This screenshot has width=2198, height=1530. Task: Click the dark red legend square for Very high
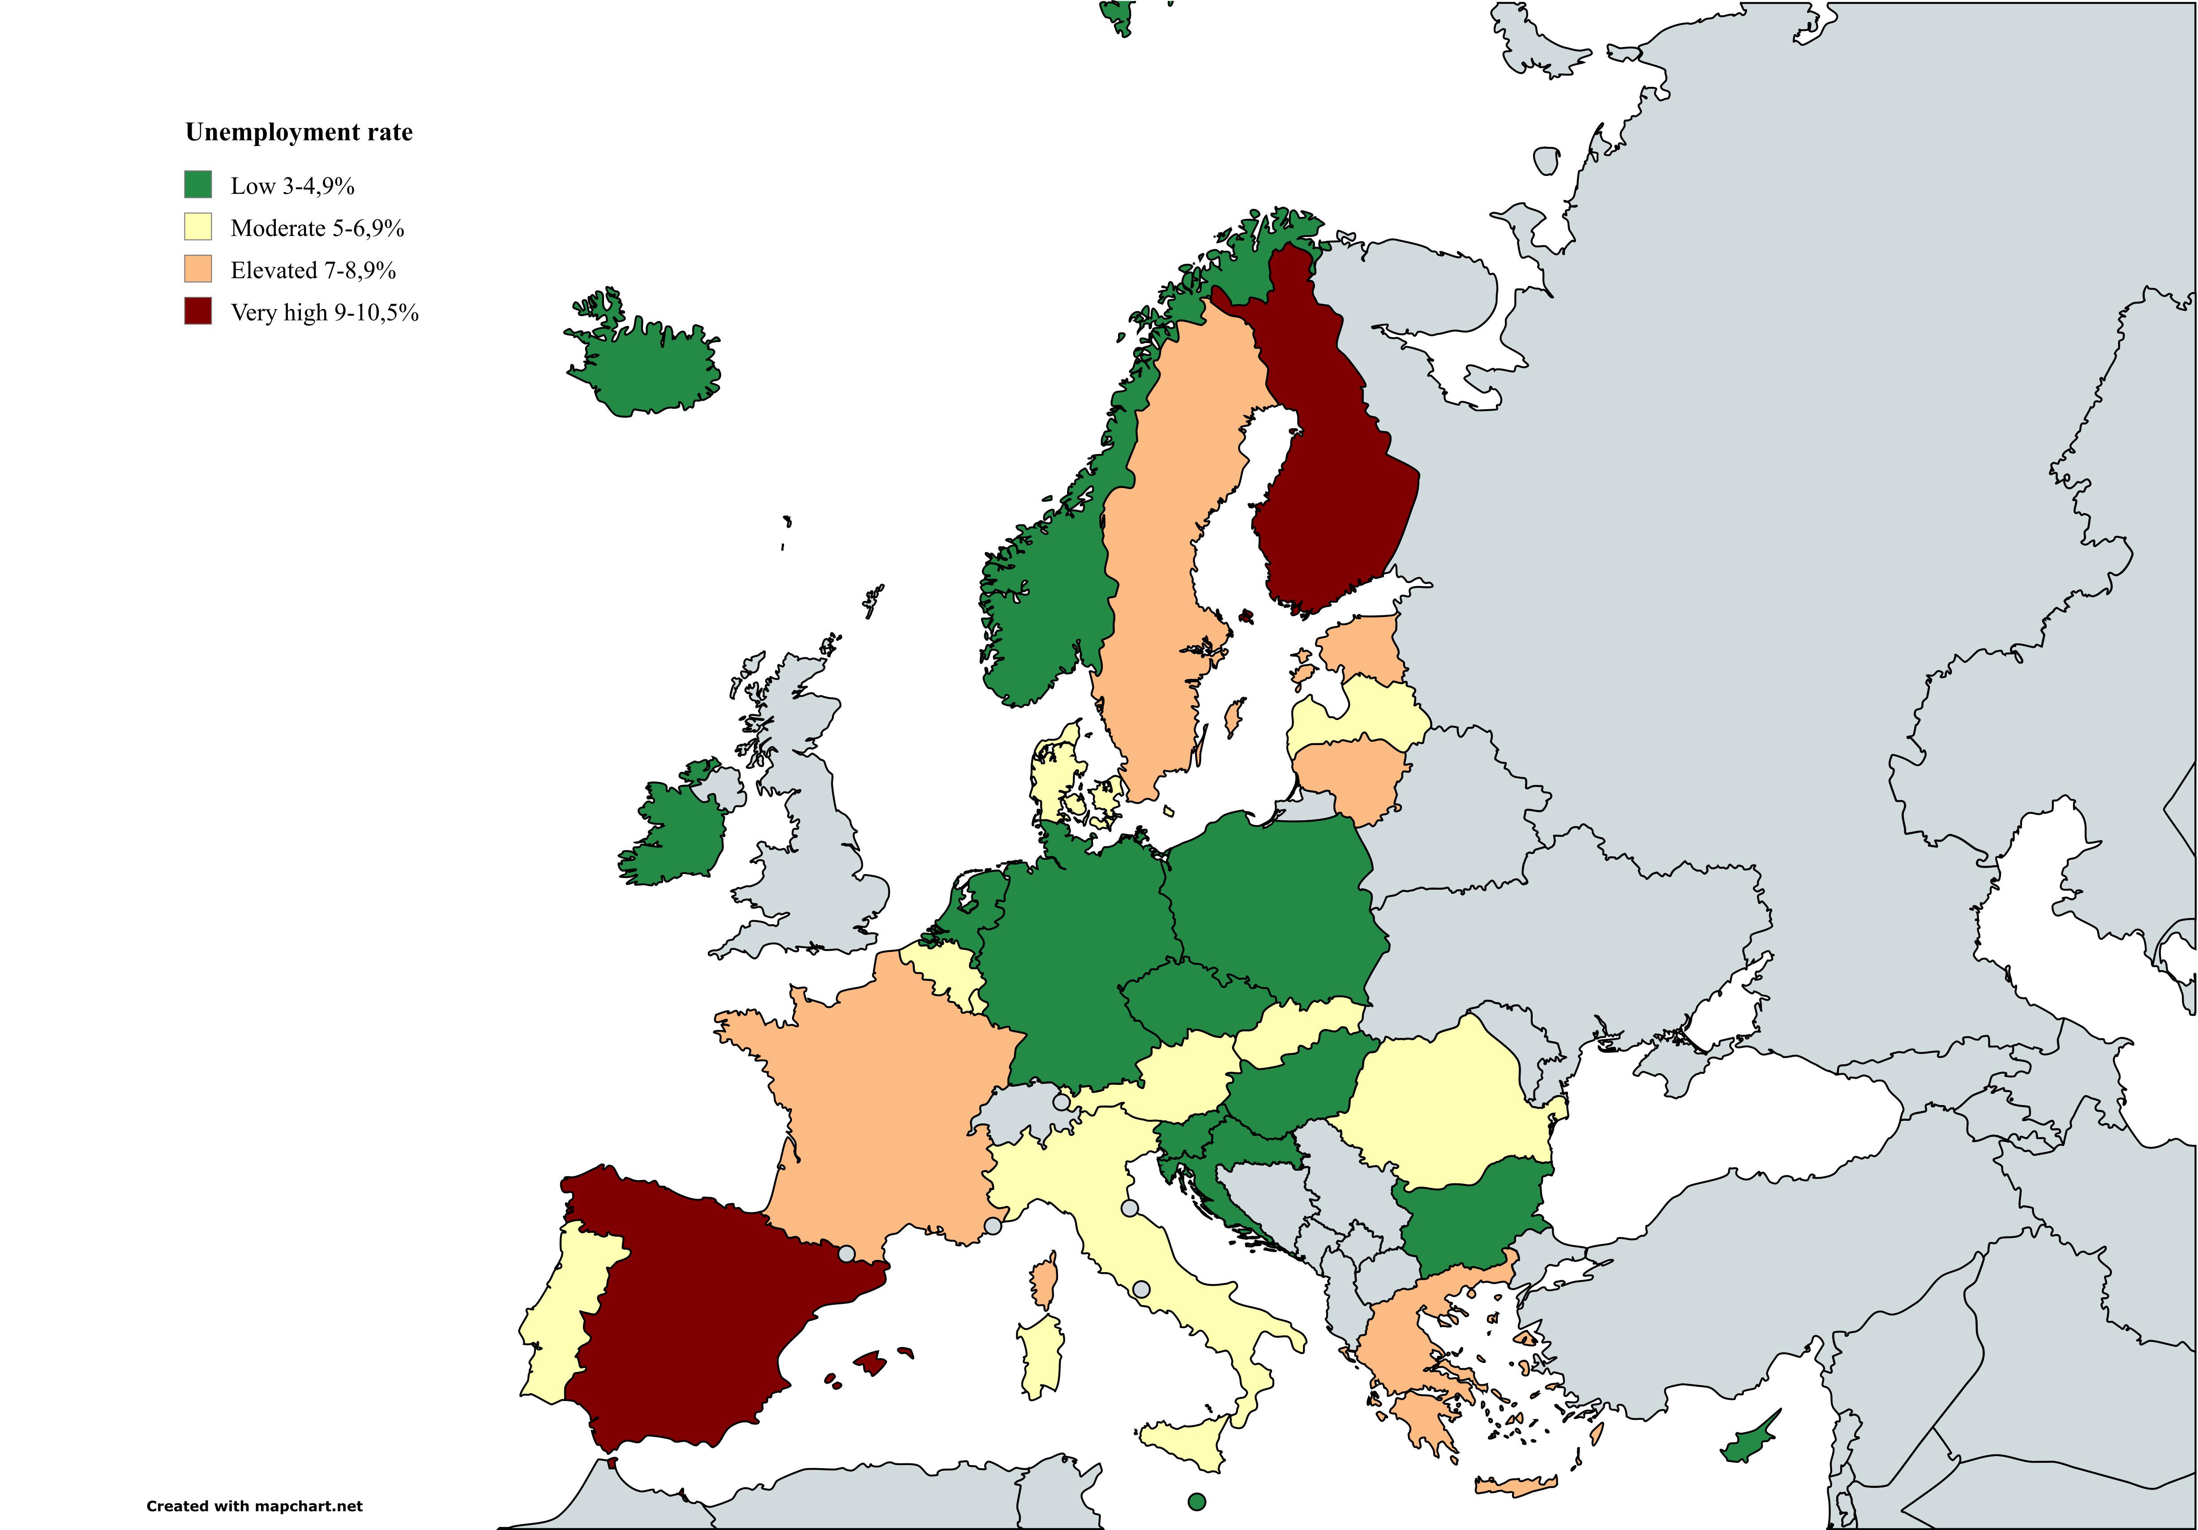point(198,311)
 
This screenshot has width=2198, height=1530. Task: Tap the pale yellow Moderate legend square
point(198,227)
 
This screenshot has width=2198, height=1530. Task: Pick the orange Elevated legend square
point(198,269)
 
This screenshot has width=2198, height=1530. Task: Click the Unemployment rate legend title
point(299,132)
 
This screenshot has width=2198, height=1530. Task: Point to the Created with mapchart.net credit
point(255,1506)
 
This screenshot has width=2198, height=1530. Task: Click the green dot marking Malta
point(1195,1501)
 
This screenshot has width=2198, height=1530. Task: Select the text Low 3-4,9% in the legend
point(292,186)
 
